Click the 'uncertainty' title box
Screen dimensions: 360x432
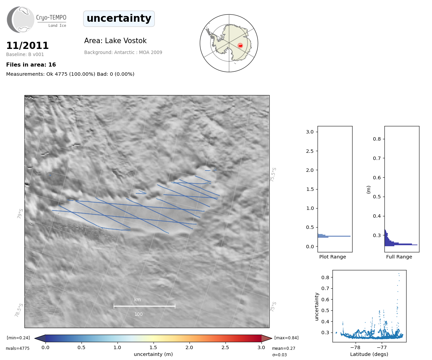pos(119,18)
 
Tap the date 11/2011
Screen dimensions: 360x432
pos(28,46)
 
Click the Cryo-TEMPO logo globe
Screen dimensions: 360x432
pos(21,20)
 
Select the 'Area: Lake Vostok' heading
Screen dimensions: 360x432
pos(115,41)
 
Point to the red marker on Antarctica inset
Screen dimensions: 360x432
pos(240,46)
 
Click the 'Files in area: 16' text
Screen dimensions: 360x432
pos(31,65)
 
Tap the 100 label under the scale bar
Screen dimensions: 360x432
pos(139,314)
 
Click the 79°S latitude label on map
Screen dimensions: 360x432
pos(20,214)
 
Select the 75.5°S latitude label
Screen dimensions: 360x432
pos(273,174)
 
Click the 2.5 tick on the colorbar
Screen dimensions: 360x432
pos(225,347)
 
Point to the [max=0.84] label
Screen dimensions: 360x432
pos(286,338)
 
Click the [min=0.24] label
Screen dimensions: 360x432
pos(18,338)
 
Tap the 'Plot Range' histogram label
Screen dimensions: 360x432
pos(332,257)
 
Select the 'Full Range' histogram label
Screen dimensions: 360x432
pos(399,257)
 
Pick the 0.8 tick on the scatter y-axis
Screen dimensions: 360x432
pos(325,277)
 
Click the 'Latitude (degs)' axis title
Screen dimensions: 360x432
pos(369,354)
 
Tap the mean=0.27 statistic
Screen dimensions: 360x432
pos(284,348)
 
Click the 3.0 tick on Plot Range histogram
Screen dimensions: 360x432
pos(310,132)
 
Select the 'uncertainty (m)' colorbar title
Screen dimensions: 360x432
pos(153,354)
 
